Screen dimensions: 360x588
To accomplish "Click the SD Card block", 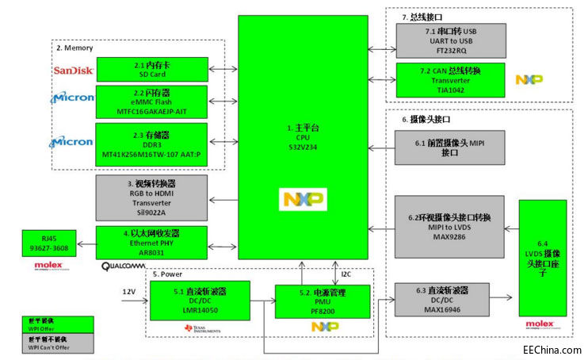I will coord(151,69).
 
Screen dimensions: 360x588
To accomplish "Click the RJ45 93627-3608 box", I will coord(51,243).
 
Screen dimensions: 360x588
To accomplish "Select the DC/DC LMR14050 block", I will coord(200,300).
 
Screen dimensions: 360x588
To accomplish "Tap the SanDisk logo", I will coord(74,71).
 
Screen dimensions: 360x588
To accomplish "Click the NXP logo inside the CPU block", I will coord(303,199).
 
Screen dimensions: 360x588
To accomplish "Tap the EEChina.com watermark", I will coord(549,349).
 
